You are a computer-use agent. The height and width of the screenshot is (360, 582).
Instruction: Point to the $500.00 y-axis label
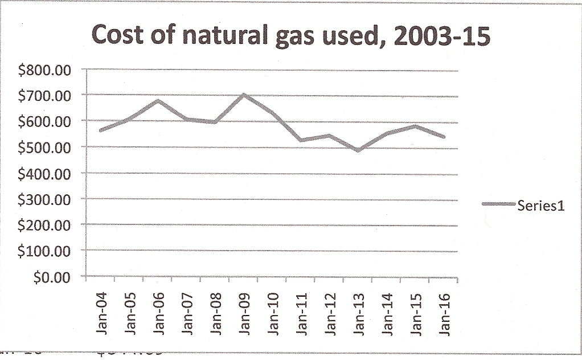[x=43, y=148]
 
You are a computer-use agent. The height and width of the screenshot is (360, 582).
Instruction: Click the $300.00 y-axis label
[x=43, y=200]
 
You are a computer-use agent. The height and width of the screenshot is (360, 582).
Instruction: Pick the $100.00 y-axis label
[x=43, y=251]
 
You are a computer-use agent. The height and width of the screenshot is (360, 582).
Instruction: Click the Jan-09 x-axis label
[x=244, y=314]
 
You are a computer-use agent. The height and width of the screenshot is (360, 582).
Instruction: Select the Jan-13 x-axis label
[x=359, y=314]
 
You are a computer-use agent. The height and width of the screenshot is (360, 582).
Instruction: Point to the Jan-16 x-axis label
[x=445, y=314]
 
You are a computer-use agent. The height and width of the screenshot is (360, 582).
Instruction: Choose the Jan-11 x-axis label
[x=302, y=314]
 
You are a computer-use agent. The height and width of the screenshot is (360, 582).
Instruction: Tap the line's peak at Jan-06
[x=158, y=101]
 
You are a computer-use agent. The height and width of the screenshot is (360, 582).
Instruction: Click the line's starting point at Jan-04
[x=101, y=130]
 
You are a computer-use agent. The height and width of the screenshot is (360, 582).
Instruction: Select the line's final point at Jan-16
[x=444, y=137]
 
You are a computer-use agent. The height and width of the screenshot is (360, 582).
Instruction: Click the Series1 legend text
[x=541, y=206]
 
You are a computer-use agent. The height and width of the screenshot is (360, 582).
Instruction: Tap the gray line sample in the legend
[x=498, y=204]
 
